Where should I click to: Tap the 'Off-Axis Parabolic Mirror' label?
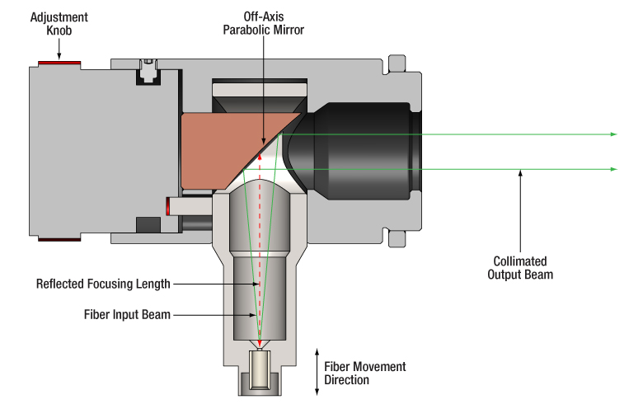263,22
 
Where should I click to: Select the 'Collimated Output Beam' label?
519,267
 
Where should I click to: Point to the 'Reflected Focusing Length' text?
103,284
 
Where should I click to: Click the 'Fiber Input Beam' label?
127,314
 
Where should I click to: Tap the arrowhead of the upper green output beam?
612,134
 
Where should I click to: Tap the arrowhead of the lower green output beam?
612,169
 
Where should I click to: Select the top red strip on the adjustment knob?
57,63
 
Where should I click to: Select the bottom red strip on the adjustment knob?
57,239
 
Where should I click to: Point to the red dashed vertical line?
261,247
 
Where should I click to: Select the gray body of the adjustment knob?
99,153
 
